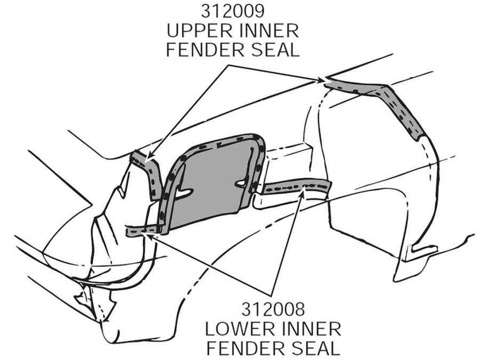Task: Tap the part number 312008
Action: pos(273,309)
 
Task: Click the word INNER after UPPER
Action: pos(268,30)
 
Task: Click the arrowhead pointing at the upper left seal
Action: pos(150,158)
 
